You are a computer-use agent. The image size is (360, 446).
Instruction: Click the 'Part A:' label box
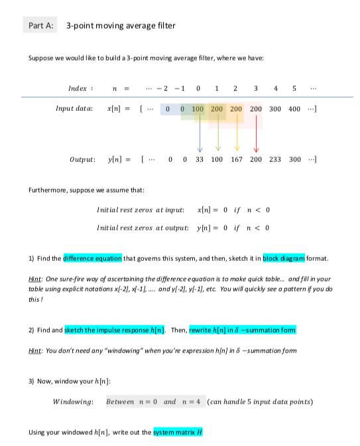[40, 26]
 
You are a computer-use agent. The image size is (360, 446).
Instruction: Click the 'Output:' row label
[85, 160]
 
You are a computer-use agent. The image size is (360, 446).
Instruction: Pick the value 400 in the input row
[293, 108]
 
